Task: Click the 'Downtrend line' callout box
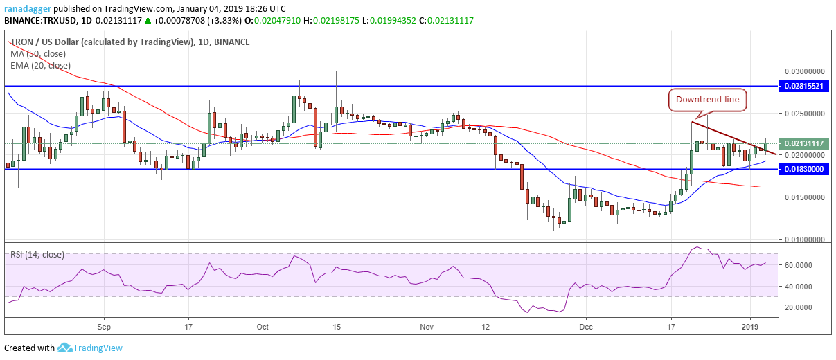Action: [x=709, y=100]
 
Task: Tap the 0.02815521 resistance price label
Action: [x=804, y=86]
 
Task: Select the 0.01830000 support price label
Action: [x=804, y=169]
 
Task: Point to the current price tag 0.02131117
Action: [x=804, y=143]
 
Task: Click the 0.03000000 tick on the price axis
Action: [x=804, y=71]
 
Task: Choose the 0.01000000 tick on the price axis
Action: [x=804, y=240]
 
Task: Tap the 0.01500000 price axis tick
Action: [x=804, y=197]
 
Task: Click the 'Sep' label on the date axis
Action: [x=104, y=325]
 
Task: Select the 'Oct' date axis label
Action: [x=263, y=325]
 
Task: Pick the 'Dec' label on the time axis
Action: [x=586, y=325]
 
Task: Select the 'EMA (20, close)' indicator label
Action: [x=40, y=65]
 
